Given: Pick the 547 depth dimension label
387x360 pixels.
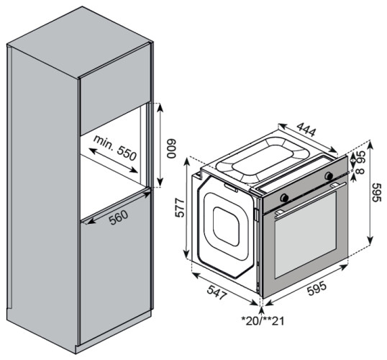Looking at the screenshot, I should pos(218,290).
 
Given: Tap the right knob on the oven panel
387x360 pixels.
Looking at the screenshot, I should pos(328,176).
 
